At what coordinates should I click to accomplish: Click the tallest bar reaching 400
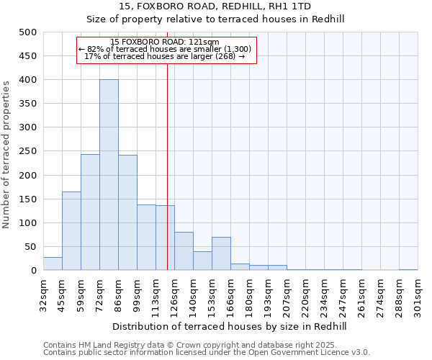click(x=109, y=175)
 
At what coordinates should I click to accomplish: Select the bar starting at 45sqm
click(x=71, y=230)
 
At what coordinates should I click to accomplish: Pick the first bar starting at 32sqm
click(x=53, y=264)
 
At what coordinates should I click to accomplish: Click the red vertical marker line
click(x=167, y=180)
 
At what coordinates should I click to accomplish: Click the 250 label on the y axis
click(x=27, y=151)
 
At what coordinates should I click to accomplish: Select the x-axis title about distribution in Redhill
click(x=230, y=326)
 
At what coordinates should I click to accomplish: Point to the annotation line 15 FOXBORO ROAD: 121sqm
click(x=165, y=42)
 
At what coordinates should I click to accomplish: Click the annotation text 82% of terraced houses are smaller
click(x=165, y=49)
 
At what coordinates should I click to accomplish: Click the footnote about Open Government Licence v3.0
click(x=207, y=353)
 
